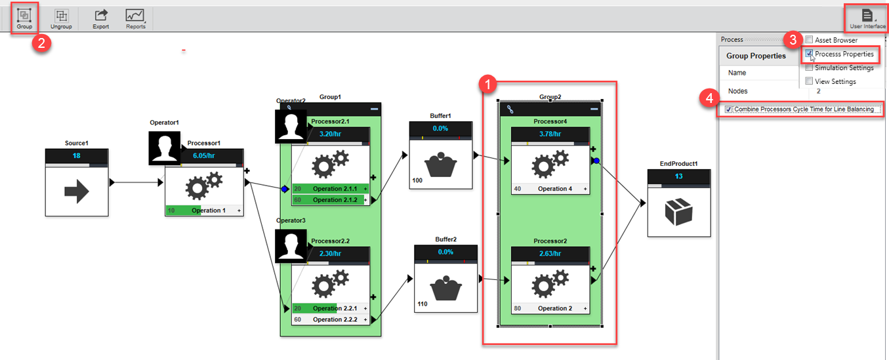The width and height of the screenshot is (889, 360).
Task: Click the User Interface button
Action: (867, 18)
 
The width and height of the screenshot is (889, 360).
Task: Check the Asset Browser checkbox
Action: (809, 40)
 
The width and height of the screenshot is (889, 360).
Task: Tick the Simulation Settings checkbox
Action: (809, 68)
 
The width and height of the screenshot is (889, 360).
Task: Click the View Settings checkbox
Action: (809, 81)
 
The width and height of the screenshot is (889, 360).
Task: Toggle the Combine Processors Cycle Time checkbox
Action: (729, 110)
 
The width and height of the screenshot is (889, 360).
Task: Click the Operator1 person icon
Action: (164, 148)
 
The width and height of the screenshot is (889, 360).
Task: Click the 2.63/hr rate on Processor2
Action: (550, 254)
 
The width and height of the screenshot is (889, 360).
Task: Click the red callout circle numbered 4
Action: (707, 98)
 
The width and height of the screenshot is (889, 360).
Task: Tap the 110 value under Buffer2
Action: (423, 304)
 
